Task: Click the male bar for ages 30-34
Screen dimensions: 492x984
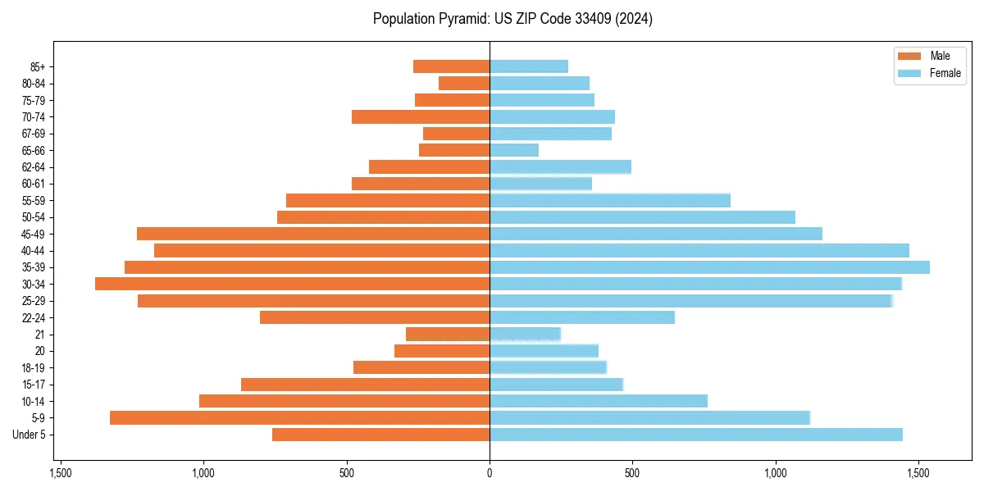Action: (292, 284)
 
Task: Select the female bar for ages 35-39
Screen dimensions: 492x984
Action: (709, 267)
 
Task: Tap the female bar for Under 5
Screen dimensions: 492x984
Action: (695, 435)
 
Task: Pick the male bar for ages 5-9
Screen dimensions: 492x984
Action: (299, 417)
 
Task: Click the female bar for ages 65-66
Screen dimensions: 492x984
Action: (514, 150)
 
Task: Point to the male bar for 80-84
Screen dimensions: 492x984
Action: (464, 83)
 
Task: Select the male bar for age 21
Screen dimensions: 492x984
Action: (448, 334)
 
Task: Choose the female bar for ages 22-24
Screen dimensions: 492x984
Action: (582, 317)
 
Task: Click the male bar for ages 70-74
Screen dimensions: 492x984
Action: (421, 116)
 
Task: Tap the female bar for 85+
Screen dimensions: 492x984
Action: (529, 66)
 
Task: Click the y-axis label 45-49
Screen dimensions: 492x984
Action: (34, 234)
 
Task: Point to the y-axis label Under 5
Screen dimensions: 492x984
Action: (30, 435)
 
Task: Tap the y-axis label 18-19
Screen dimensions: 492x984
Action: (34, 367)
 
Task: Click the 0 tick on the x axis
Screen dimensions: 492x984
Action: (490, 473)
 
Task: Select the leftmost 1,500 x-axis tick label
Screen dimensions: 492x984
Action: (60, 473)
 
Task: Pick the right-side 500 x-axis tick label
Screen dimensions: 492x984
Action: (632, 473)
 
